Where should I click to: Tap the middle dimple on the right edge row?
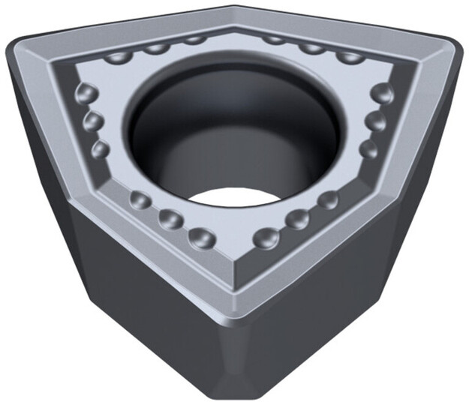tap(375, 121)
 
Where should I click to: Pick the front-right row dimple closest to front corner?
tap(266, 238)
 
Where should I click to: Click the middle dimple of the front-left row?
tap(170, 218)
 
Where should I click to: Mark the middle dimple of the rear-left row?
tap(157, 49)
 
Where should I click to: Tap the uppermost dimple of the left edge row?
tap(87, 94)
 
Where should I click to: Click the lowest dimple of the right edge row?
tap(368, 148)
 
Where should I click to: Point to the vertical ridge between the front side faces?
tap(235, 352)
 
